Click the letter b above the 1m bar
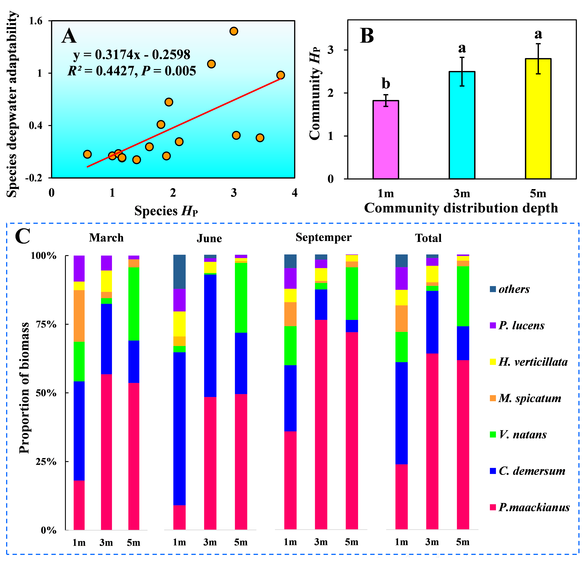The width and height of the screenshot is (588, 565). pos(386,83)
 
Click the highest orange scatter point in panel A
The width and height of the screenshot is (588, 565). pos(234,31)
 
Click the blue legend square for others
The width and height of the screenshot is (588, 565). pos(493,289)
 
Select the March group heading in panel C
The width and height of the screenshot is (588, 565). pos(106,238)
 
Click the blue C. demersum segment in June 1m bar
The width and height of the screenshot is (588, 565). pos(179,429)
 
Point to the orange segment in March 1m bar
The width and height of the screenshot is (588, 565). pos(79,316)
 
